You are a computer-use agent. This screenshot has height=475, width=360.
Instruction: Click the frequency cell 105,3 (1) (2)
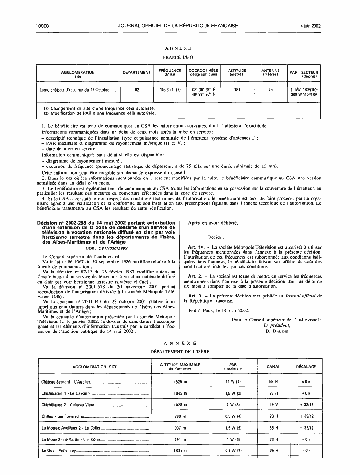170,89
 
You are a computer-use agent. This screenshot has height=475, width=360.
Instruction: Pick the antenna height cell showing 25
270,89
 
